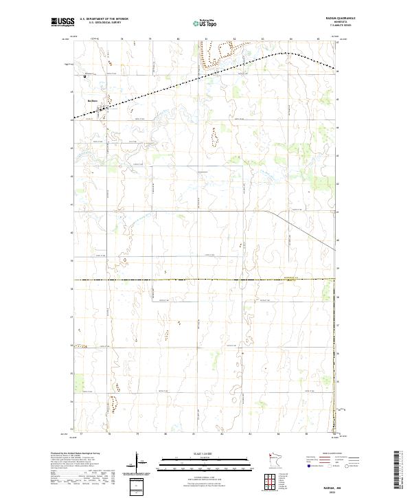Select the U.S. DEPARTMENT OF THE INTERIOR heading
pos(104,19)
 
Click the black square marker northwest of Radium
pos(84,76)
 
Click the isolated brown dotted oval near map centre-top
pos(214,138)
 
